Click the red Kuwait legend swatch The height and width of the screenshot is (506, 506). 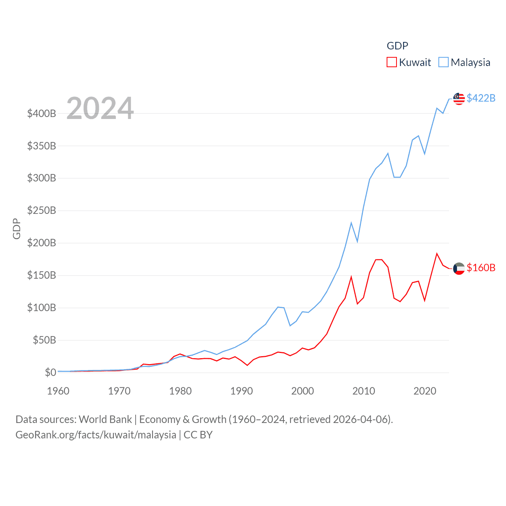click(x=391, y=62)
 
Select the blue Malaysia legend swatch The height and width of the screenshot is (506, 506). click(x=444, y=62)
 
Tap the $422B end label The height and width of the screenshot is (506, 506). click(x=481, y=98)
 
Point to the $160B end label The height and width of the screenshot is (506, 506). click(x=481, y=268)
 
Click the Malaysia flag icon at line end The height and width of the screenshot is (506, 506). click(x=459, y=99)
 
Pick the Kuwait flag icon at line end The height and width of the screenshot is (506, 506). click(x=459, y=268)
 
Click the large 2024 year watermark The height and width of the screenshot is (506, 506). click(x=100, y=108)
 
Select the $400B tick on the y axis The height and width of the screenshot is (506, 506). click(x=42, y=114)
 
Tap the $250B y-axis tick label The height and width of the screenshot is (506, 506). click(x=42, y=210)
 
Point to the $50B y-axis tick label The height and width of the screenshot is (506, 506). click(x=44, y=340)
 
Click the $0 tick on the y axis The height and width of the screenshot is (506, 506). click(x=50, y=372)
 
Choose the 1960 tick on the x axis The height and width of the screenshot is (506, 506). click(x=58, y=391)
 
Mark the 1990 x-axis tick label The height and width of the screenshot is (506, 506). click(x=242, y=391)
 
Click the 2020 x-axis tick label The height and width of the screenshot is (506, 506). click(x=425, y=391)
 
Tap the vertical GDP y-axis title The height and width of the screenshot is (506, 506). click(x=17, y=228)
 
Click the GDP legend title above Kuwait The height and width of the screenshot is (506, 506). click(x=397, y=46)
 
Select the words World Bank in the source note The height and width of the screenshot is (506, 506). click(x=105, y=419)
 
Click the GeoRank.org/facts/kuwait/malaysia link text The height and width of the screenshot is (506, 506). click(x=96, y=435)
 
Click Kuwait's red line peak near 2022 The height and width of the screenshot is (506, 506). click(x=437, y=254)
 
